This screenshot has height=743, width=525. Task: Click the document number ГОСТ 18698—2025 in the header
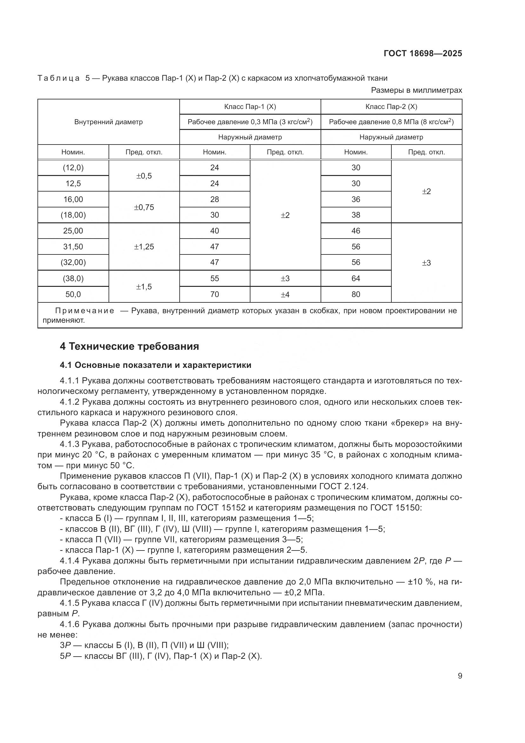(422, 53)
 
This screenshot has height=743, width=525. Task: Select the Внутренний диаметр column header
(108, 122)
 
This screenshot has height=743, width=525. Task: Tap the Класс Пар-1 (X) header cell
(250, 106)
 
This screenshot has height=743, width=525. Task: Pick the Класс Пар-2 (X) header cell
(391, 106)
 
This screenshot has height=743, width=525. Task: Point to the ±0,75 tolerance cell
(144, 207)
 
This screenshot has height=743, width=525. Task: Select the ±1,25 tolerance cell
(144, 247)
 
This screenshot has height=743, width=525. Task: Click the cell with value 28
(214, 199)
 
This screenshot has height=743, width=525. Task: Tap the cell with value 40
(214, 231)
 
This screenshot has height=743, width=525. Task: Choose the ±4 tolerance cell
(285, 294)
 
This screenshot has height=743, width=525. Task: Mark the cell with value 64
(356, 278)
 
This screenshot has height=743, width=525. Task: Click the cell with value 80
(356, 294)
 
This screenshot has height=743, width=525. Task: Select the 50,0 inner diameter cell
(73, 294)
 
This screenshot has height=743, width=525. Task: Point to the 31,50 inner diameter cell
(73, 247)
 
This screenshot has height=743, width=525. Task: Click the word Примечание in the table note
(85, 311)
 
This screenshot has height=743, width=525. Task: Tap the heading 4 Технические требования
(129, 346)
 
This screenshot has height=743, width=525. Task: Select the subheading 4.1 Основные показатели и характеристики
(156, 365)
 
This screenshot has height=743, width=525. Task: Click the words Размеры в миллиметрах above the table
(416, 90)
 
